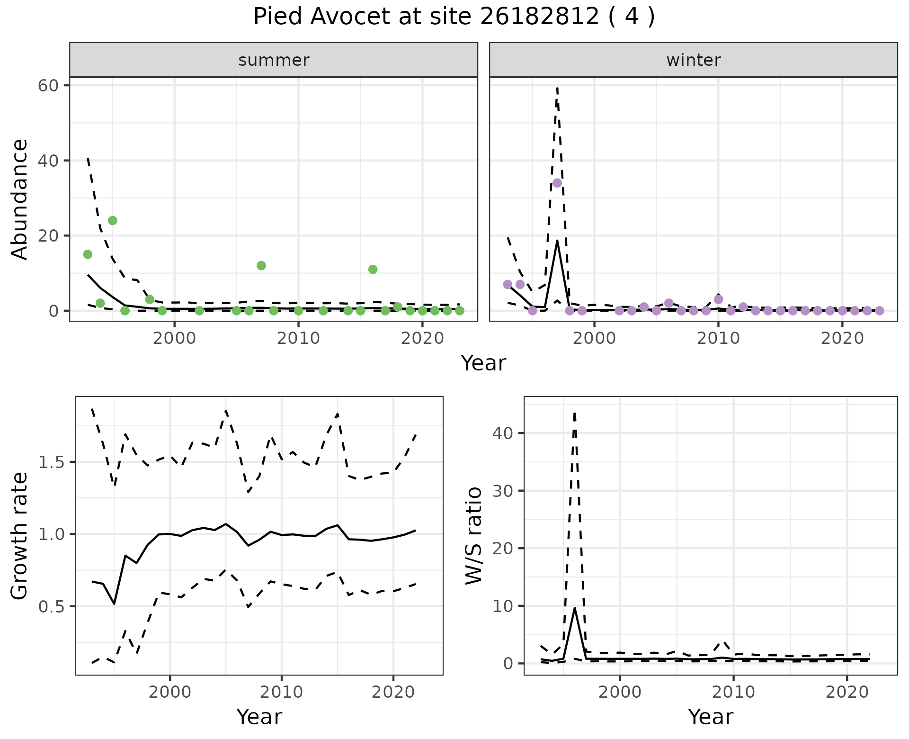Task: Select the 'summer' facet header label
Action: (274, 60)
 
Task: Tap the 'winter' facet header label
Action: (693, 60)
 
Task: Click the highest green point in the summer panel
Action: (112, 221)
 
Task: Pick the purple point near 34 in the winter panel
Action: (557, 183)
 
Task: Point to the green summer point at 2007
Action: (261, 266)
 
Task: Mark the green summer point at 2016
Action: (373, 270)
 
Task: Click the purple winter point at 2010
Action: (718, 299)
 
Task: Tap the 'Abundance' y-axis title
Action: (20, 199)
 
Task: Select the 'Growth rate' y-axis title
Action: (20, 536)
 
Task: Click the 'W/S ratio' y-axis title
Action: (474, 536)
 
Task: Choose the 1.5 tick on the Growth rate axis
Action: (51, 462)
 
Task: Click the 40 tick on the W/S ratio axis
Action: (502, 433)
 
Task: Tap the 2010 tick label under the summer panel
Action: (298, 339)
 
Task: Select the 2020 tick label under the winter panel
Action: (842, 339)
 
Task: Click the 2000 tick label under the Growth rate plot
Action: (170, 693)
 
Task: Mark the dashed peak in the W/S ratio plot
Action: (574, 413)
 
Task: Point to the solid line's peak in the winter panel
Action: (557, 241)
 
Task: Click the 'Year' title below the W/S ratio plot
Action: (710, 717)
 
